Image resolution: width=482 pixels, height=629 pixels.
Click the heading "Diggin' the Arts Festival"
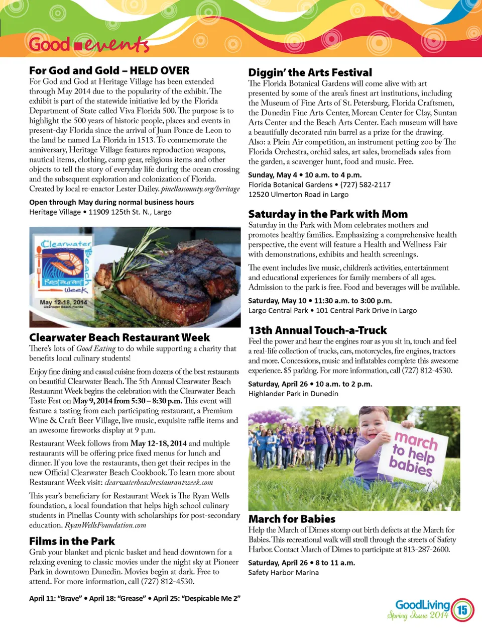pos(310,72)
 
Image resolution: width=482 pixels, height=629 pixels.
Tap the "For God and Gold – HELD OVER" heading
pos(109,70)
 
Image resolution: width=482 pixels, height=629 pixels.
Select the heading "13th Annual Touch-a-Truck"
pos(317,330)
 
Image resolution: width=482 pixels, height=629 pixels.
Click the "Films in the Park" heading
pos(72,541)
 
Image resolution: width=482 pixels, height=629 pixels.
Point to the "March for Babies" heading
pos(292,519)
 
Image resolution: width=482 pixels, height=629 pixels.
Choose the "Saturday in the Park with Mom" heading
pos(328,214)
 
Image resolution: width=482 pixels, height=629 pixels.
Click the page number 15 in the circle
pos(462,610)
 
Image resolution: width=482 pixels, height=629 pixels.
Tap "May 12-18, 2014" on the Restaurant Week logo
pos(63,302)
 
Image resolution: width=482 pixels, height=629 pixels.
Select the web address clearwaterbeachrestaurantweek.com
pos(159,483)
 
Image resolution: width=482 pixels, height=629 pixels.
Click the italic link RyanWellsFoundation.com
pos(105,525)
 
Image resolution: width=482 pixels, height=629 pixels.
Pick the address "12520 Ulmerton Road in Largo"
pos(298,195)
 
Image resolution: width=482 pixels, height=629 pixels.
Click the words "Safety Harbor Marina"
pos(283,573)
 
